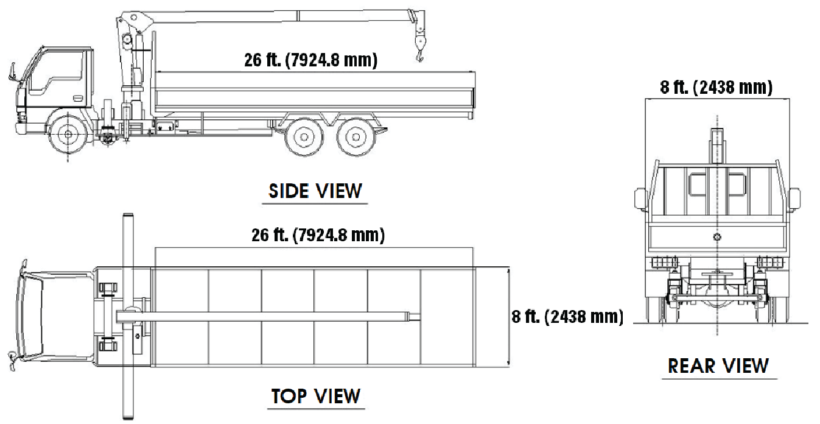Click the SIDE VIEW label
315,191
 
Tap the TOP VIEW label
315,396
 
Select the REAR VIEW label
718,366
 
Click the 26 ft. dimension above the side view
311,60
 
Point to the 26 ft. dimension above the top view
318,235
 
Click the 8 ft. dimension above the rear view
717,87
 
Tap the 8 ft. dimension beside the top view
567,317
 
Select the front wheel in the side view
68,135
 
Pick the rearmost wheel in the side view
356,137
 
